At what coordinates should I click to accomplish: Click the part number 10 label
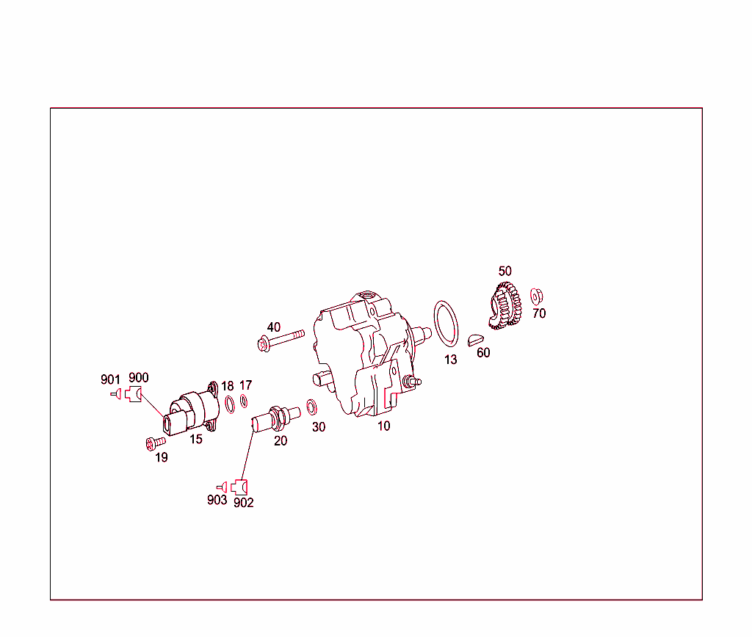pos(384,426)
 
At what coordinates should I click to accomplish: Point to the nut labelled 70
pos(536,297)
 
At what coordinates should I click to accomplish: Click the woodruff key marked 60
pos(476,340)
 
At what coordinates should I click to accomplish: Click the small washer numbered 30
pos(311,407)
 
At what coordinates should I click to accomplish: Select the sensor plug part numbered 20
pos(272,419)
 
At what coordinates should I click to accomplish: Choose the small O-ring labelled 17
pos(244,401)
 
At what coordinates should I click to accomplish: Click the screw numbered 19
pos(155,443)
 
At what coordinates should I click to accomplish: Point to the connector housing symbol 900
pos(133,395)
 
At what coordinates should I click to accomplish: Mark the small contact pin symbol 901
pos(115,395)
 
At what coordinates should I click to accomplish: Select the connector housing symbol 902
pos(239,486)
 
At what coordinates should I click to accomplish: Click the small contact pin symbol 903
pos(221,486)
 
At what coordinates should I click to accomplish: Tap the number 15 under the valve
pos(196,440)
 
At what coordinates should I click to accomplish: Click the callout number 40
pos(274,327)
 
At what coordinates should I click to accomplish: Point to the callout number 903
pos(217,500)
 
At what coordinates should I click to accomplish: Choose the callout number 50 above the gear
pos(505,272)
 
